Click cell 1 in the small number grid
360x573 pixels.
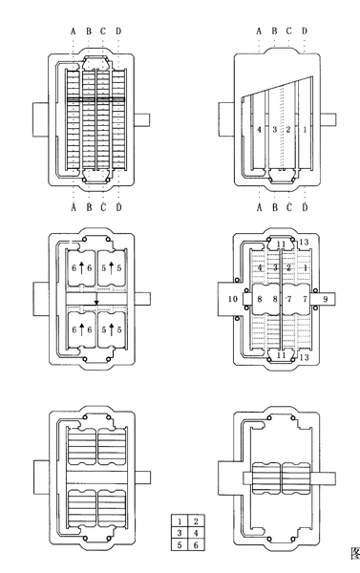(180, 521)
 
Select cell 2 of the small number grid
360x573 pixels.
(196, 521)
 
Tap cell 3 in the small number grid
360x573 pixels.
(180, 533)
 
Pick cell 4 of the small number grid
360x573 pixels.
(196, 533)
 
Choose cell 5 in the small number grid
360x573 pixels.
(180, 545)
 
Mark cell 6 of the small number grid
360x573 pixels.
(196, 545)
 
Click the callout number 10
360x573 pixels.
(232, 299)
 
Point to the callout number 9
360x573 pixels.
(326, 299)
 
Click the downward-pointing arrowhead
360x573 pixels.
(96, 303)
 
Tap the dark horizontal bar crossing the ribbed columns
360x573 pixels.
(96, 99)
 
